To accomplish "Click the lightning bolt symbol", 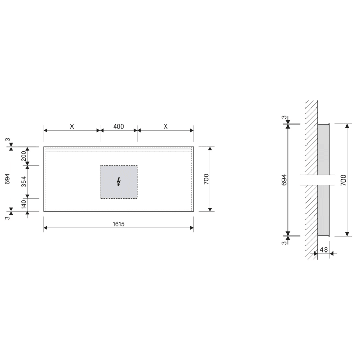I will click(119, 182).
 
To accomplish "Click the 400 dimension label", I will click(118, 126).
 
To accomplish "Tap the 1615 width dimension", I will click(119, 224).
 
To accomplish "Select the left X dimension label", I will click(72, 126).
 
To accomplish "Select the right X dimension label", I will click(165, 126).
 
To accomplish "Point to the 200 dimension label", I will click(24, 156).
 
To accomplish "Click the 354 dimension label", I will click(24, 182).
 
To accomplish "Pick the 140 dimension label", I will click(24, 204).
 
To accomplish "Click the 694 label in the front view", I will click(8, 179).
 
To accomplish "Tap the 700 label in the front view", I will click(206, 179).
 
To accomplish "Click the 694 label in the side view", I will click(284, 180).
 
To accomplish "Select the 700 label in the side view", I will click(343, 180).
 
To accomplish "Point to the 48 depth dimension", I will click(323, 250).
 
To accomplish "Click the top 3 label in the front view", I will click(8, 140).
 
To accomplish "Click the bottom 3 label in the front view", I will click(8, 218).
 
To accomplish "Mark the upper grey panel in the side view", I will click(323, 149).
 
